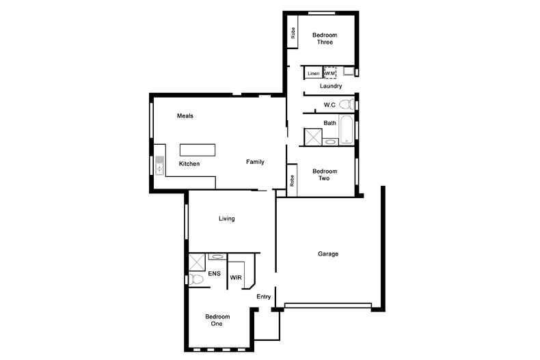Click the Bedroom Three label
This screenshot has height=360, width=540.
[325, 38]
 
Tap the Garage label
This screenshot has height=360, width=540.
[328, 254]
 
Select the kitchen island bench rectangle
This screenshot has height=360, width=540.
[198, 150]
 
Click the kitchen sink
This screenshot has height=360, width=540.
[159, 165]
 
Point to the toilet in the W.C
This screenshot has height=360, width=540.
[347, 104]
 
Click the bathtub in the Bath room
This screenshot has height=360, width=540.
[346, 130]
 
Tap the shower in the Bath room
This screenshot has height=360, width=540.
[313, 137]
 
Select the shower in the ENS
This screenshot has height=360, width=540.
[197, 262]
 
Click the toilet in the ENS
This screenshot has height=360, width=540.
[195, 279]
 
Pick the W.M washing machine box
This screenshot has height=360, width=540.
[330, 73]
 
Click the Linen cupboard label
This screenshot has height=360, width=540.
[313, 73]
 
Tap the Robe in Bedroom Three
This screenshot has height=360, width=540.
[293, 32]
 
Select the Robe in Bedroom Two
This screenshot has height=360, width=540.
[292, 180]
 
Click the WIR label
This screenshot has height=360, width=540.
[236, 277]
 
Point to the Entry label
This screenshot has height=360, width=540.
[263, 296]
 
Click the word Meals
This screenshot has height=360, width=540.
[185, 116]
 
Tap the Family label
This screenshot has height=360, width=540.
[255, 162]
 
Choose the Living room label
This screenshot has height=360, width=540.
[227, 219]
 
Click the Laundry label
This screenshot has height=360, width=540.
[331, 86]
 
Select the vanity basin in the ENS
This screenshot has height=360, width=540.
[217, 256]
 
